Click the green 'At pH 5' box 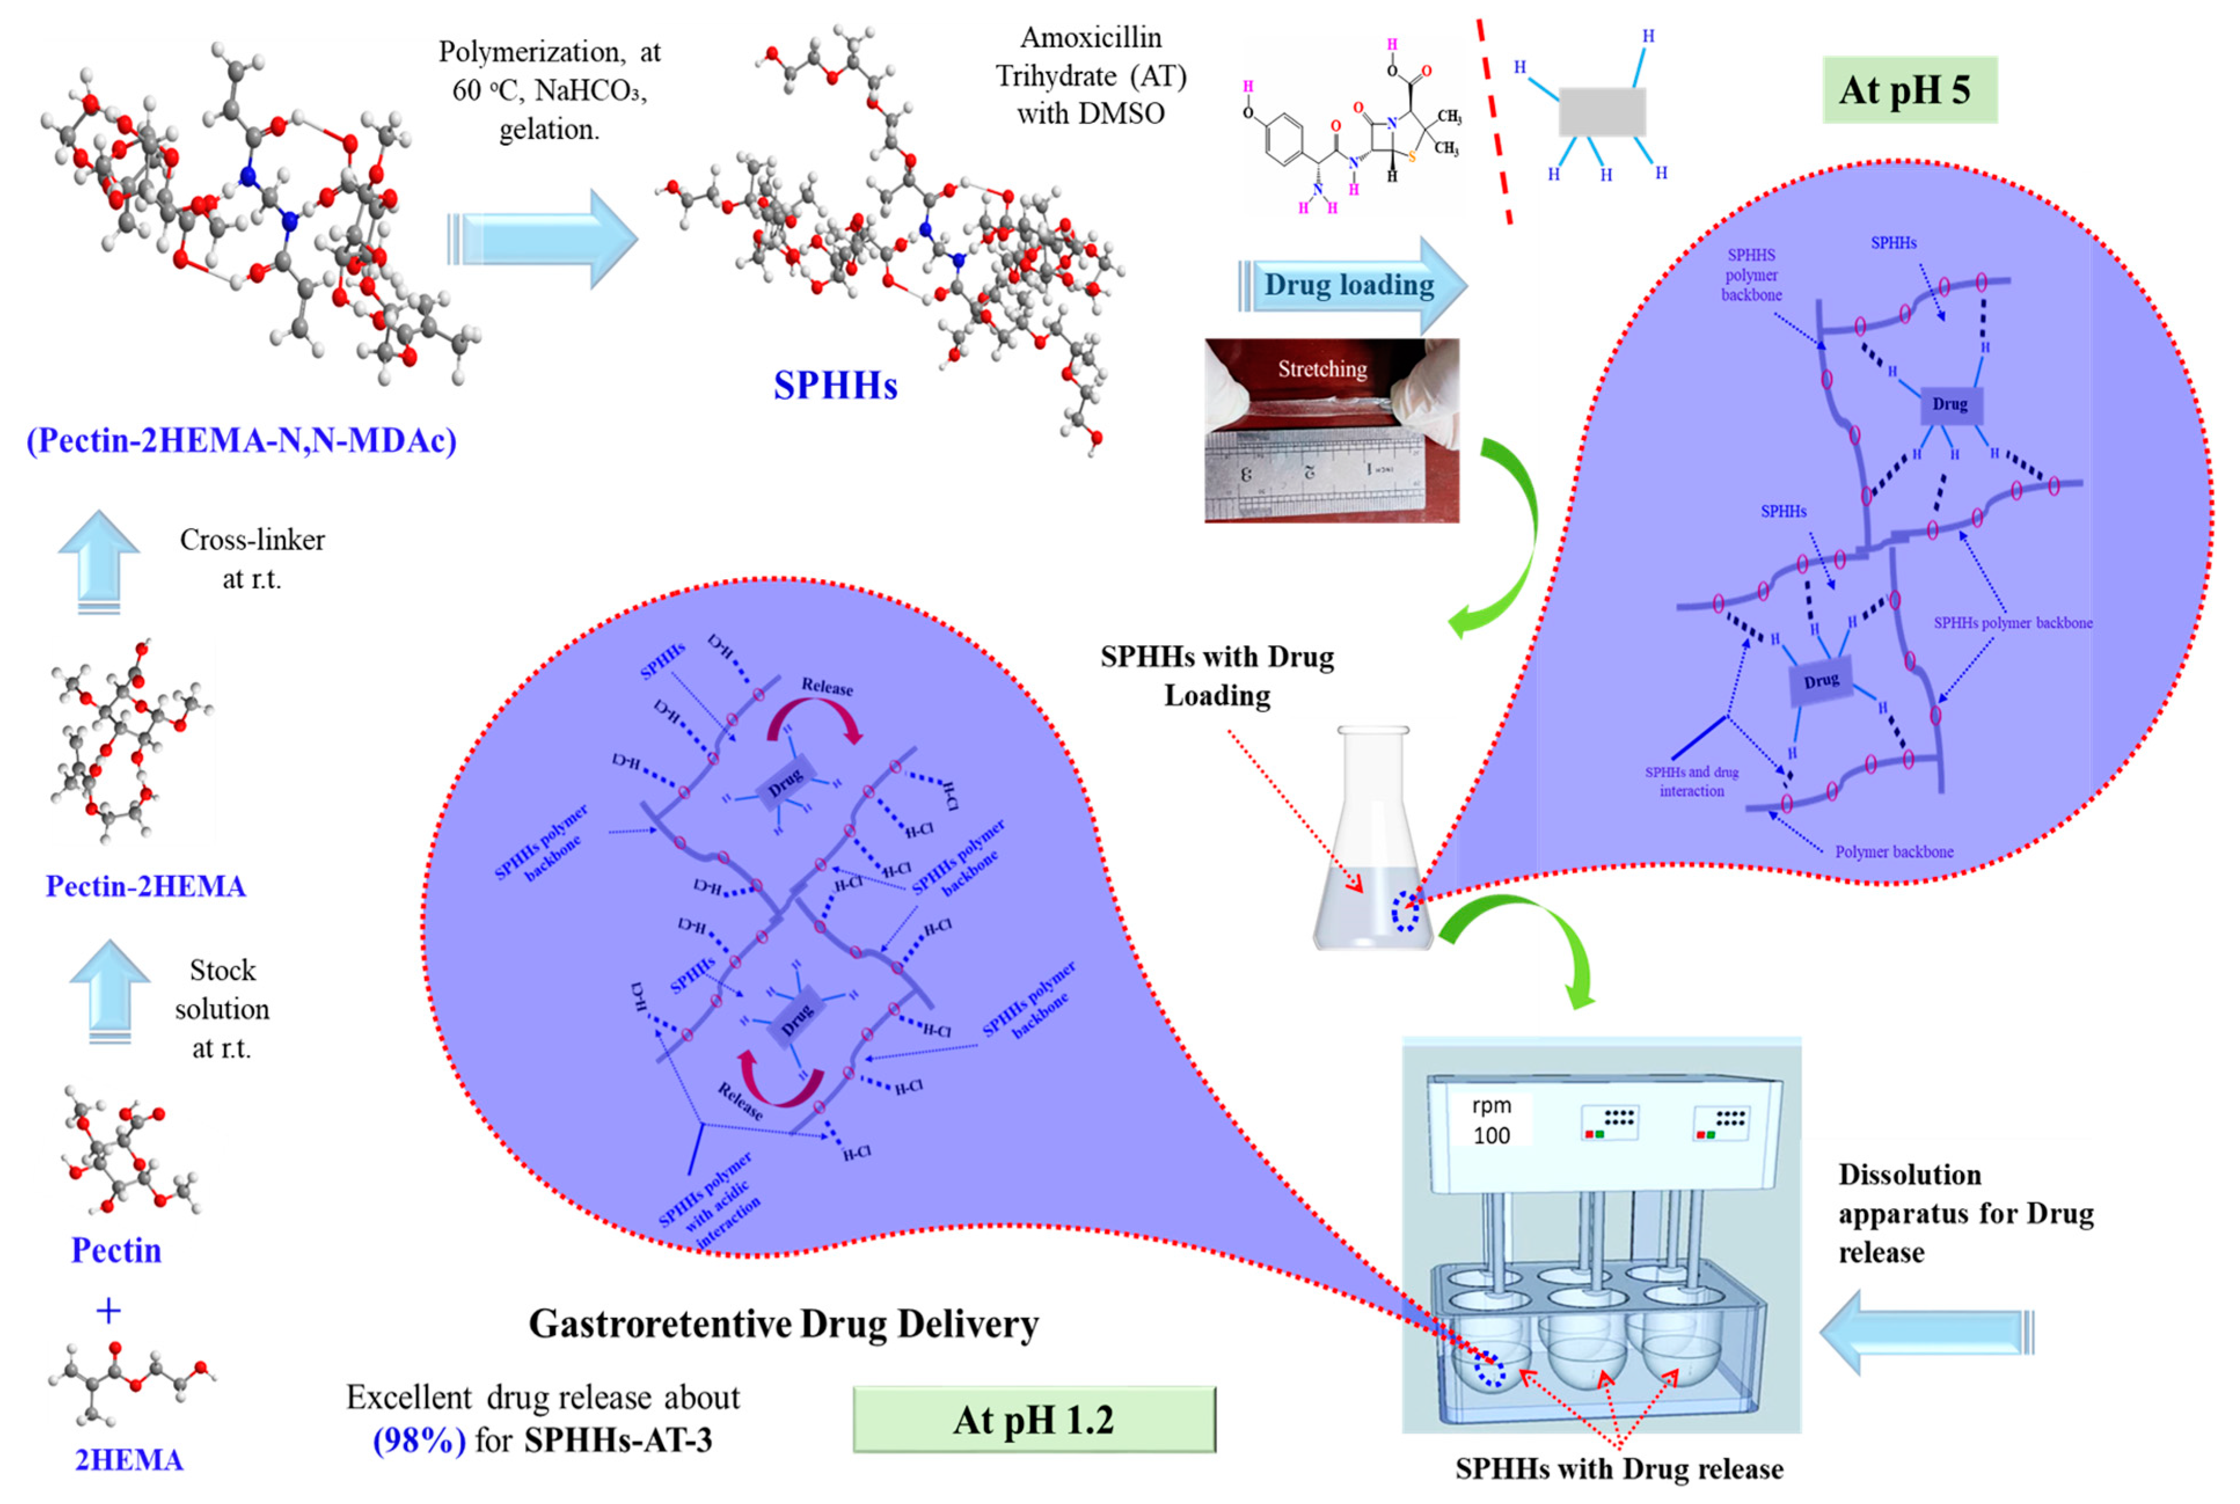1908,90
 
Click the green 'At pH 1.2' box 1034,1419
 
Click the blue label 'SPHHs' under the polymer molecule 835,386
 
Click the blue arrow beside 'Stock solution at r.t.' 109,988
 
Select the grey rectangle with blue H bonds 1601,111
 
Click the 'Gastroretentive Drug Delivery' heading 784,1324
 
